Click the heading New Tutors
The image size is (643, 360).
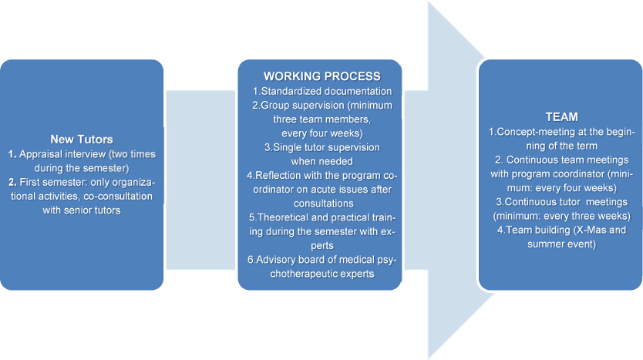(x=81, y=140)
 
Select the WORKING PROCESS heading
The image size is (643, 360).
(x=321, y=76)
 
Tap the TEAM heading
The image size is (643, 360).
(x=561, y=116)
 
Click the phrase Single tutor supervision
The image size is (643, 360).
(x=323, y=147)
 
